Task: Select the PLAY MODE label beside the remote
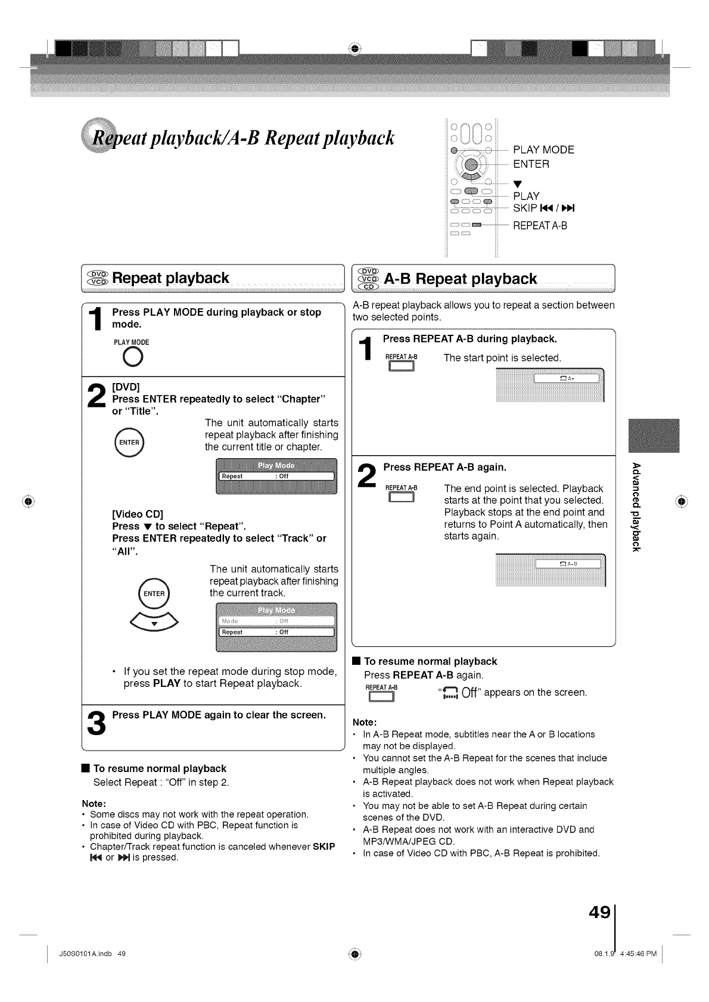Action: pyautogui.click(x=543, y=150)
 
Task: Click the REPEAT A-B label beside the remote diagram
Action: pyautogui.click(x=540, y=226)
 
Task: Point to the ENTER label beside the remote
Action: pyautogui.click(x=531, y=164)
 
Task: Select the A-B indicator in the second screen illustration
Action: pyautogui.click(x=570, y=564)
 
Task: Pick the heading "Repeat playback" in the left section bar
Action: pyautogui.click(x=170, y=278)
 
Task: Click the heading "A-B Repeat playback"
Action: pyautogui.click(x=461, y=279)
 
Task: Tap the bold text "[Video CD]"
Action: pyautogui.click(x=138, y=514)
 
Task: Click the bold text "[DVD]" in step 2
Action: pyautogui.click(x=126, y=387)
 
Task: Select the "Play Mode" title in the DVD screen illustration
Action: pyautogui.click(x=276, y=465)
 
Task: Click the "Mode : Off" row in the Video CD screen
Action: pyautogui.click(x=276, y=621)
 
